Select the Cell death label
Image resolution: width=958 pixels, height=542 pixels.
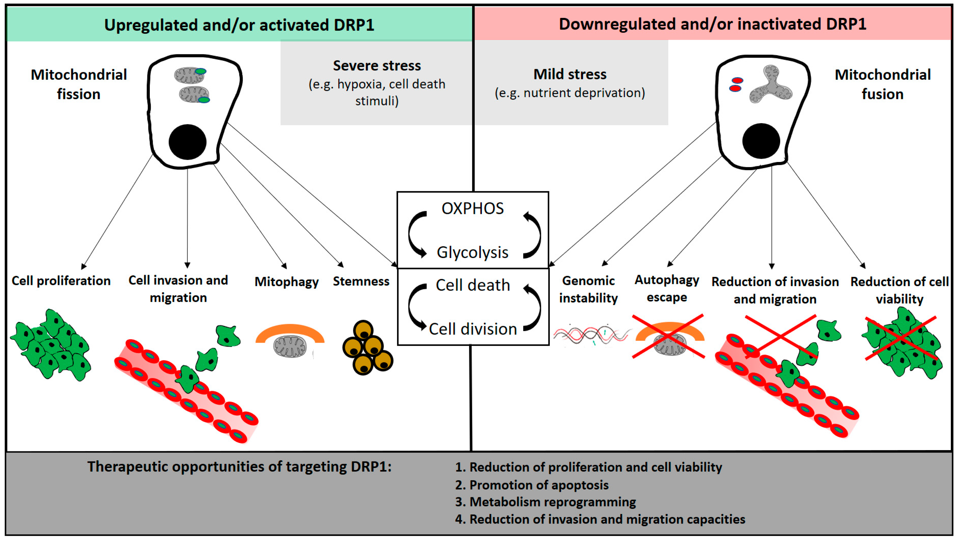tap(473, 285)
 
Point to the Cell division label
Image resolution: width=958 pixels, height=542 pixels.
tap(473, 329)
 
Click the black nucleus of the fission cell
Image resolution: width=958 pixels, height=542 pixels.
tap(187, 142)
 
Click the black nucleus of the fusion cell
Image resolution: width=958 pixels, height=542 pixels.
tap(761, 141)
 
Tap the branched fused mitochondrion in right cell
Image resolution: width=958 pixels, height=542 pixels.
tap(771, 86)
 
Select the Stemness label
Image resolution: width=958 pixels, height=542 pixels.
tap(361, 281)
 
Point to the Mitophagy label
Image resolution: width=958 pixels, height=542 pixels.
tap(286, 282)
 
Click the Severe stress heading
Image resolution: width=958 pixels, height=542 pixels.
tap(377, 66)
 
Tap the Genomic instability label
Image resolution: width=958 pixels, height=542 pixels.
tap(588, 289)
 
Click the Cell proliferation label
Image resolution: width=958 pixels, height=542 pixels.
tap(61, 281)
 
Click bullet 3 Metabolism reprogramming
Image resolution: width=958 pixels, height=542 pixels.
tap(545, 502)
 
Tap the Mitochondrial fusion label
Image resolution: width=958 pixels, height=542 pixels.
tap(883, 84)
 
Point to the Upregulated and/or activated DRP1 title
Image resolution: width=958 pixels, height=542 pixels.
tap(239, 25)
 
